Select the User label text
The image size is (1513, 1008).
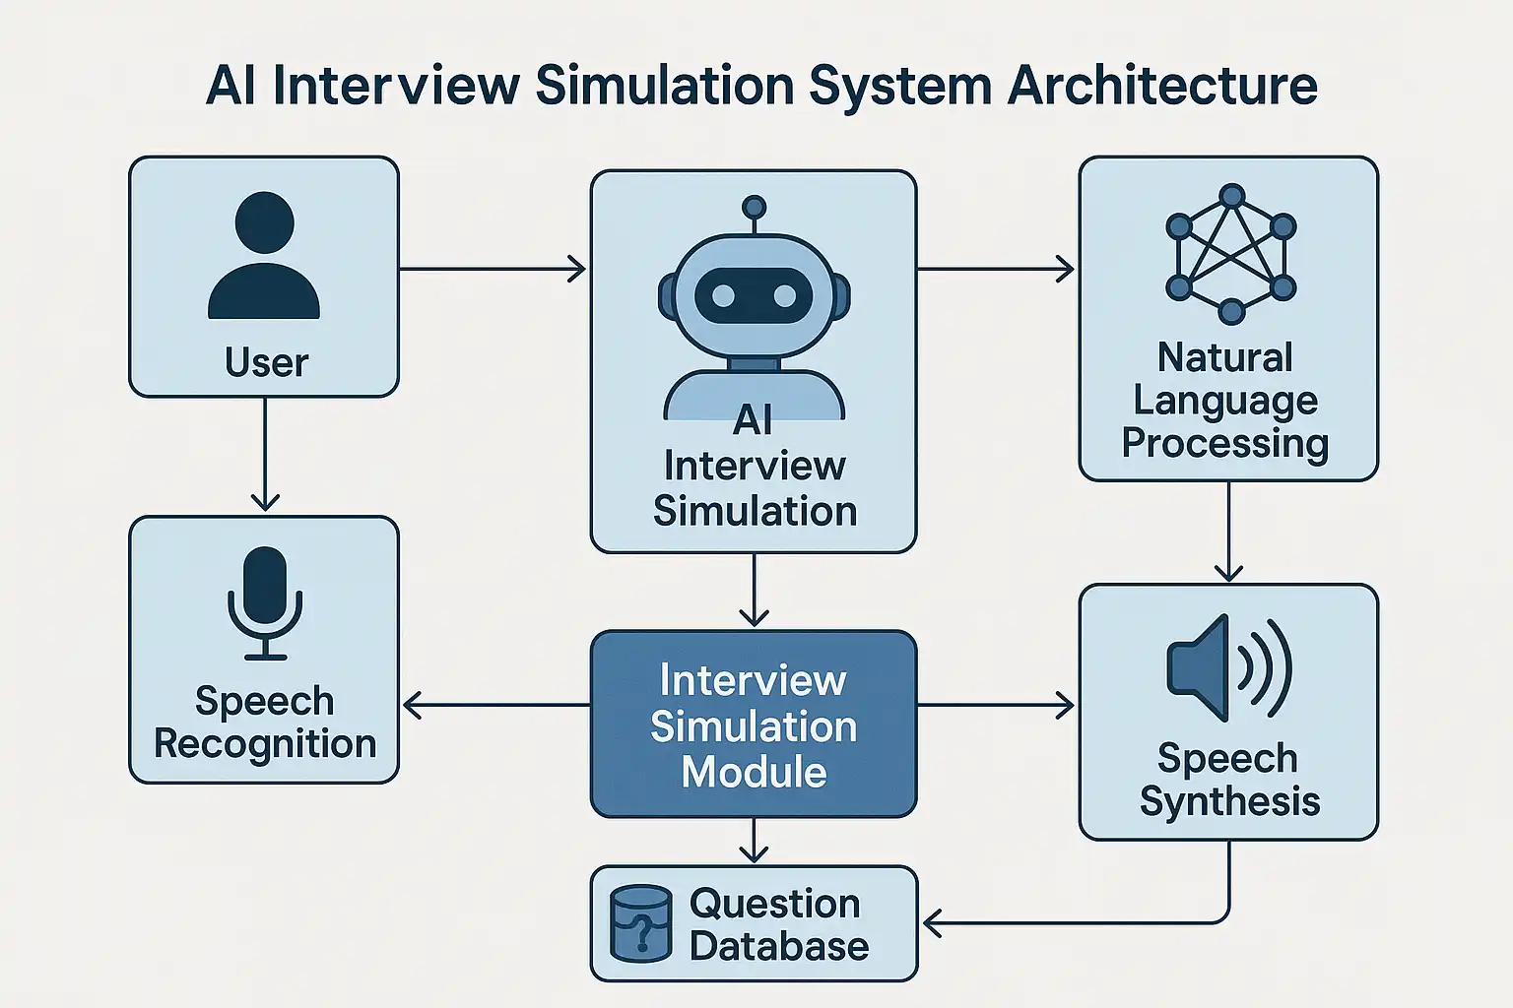click(266, 362)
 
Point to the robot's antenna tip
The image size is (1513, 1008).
click(754, 208)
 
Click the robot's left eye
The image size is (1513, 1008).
click(723, 295)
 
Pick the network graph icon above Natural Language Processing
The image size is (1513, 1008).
click(1230, 254)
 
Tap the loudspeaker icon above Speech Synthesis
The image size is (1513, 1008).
click(1227, 667)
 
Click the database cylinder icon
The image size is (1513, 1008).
click(640, 923)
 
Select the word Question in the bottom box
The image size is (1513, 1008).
click(775, 903)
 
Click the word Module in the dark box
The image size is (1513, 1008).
click(754, 772)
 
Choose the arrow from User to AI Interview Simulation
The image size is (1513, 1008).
click(493, 268)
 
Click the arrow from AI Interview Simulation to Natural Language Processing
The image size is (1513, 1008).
click(996, 268)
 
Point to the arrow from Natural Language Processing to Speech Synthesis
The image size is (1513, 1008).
click(1228, 532)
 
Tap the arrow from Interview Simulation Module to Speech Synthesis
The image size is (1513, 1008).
click(996, 705)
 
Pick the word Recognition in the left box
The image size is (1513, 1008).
click(265, 743)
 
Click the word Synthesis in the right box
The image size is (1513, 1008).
click(1229, 801)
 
